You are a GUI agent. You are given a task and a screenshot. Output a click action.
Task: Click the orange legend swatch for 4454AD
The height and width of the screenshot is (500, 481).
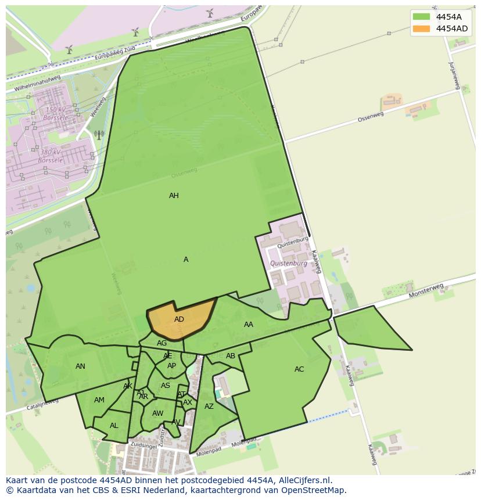[422, 28]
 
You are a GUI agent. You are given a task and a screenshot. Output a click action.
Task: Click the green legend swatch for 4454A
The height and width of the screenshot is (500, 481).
[422, 17]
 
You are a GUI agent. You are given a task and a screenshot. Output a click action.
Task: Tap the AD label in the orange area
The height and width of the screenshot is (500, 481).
[179, 319]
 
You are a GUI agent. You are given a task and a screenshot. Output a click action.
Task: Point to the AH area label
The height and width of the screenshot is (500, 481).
[174, 196]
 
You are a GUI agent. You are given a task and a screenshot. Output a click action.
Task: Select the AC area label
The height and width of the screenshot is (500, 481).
[299, 369]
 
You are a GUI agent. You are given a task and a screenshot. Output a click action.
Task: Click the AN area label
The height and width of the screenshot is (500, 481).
[81, 366]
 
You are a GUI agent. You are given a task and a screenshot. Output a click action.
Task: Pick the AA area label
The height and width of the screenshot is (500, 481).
[249, 325]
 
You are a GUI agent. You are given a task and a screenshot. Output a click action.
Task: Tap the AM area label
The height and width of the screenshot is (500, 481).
[99, 400]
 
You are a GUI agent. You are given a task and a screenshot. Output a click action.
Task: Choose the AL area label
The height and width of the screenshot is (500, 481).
[114, 426]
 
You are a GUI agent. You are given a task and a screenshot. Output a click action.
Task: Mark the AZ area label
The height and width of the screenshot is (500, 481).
[209, 407]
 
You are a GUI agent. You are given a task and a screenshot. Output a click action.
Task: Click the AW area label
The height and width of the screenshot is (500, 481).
[157, 413]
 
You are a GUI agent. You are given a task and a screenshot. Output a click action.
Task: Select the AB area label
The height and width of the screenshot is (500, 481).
[231, 356]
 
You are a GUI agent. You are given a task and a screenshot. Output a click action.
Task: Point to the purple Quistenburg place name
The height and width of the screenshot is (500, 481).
[289, 264]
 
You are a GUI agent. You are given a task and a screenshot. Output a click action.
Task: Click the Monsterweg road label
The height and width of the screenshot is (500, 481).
[426, 291]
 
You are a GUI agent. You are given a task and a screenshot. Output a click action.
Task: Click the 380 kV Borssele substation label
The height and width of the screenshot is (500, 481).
[50, 156]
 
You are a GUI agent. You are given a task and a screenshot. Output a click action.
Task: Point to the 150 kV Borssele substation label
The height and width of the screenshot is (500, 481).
[55, 113]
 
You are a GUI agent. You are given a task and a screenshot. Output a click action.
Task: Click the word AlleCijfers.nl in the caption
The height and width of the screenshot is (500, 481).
[304, 480]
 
